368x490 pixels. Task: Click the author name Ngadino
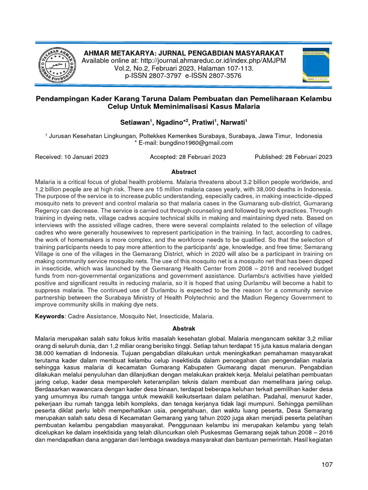pos(172,122)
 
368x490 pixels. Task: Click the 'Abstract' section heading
pos(184,172)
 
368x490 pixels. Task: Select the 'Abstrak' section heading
pos(184,329)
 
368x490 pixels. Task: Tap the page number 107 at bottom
pos(326,464)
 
